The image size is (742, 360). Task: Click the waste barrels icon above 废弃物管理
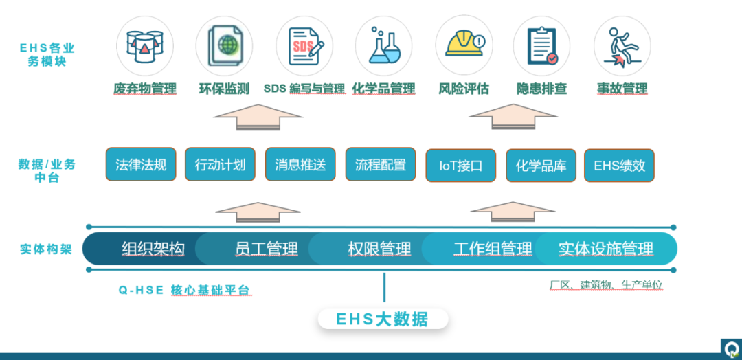[144, 45]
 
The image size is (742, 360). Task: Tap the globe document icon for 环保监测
[224, 45]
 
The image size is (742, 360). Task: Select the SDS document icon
[304, 45]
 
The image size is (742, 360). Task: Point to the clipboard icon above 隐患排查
[542, 45]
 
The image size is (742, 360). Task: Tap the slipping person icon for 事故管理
[622, 45]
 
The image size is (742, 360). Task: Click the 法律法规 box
[141, 165]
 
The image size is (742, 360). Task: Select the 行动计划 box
[220, 165]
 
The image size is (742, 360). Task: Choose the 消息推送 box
[300, 165]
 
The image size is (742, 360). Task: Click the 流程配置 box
[380, 165]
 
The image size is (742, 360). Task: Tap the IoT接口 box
[460, 166]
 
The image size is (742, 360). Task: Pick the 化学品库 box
[541, 166]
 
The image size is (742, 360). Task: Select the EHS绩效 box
[619, 166]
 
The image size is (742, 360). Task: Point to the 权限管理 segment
[379, 249]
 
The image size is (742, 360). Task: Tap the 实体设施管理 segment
[605, 249]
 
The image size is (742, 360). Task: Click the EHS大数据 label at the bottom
[382, 319]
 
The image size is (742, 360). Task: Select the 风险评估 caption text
[464, 89]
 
